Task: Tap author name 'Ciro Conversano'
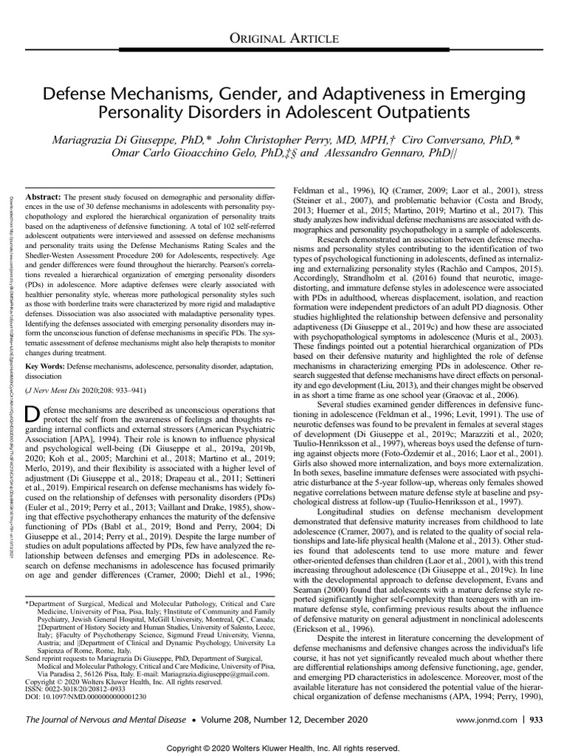(424, 140)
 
